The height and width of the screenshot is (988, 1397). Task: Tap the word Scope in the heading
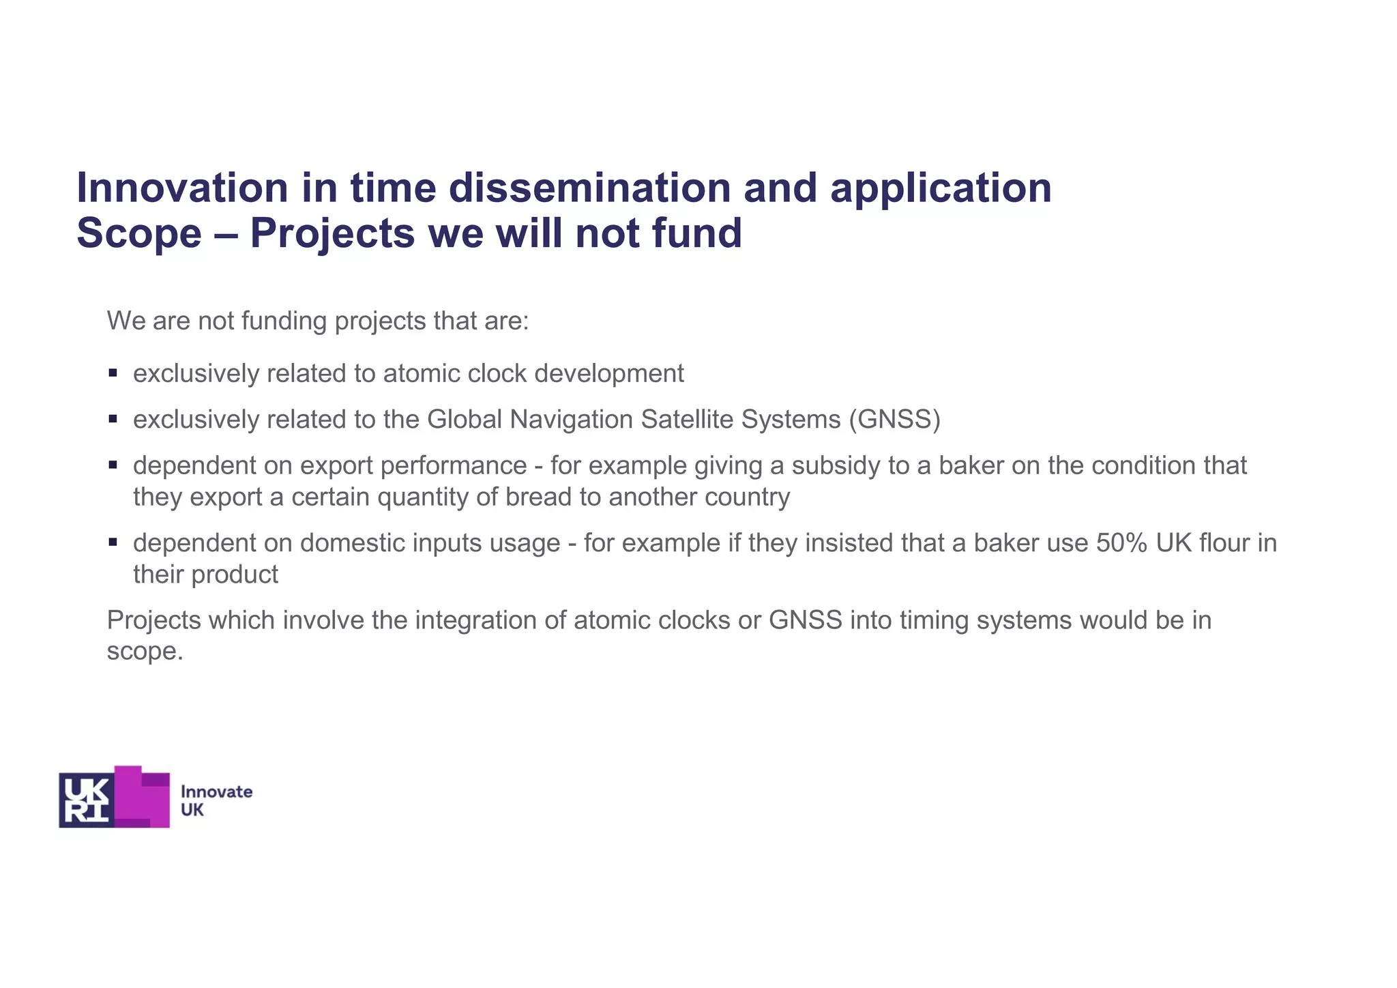pos(139,233)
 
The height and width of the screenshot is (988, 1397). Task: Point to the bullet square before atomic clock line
pos(113,373)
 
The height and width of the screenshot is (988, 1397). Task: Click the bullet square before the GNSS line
pos(113,419)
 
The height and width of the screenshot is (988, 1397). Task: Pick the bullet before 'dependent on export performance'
pos(113,465)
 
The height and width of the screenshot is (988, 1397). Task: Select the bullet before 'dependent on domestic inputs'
pos(113,542)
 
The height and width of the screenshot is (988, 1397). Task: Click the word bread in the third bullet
pos(538,497)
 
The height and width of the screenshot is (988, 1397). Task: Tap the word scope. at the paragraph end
pos(145,652)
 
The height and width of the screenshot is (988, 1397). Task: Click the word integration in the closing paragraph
pos(490,620)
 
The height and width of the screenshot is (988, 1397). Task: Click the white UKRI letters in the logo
pos(86,800)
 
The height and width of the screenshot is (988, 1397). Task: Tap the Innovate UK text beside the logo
pos(216,800)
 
